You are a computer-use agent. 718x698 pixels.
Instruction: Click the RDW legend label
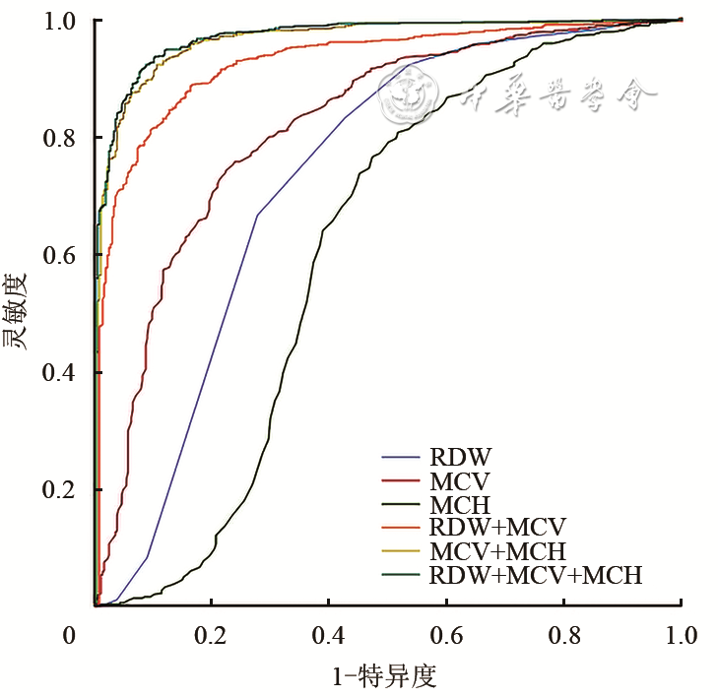[x=460, y=457]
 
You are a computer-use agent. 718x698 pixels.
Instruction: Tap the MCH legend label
[x=460, y=504]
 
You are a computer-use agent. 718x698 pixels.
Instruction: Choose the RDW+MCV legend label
[x=498, y=528]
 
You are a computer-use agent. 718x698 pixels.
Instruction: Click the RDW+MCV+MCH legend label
[x=536, y=575]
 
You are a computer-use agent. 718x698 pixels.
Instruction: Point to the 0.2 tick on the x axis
[x=211, y=636]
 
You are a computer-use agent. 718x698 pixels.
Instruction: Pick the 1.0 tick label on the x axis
[x=681, y=636]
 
